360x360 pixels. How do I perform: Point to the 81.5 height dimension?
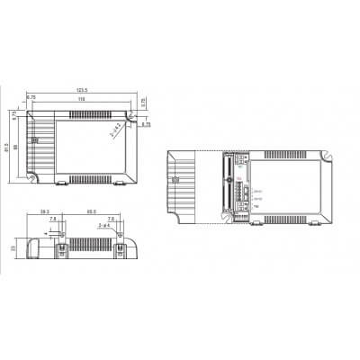[x=7, y=147]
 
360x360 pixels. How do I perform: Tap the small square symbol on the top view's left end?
[x=36, y=140]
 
